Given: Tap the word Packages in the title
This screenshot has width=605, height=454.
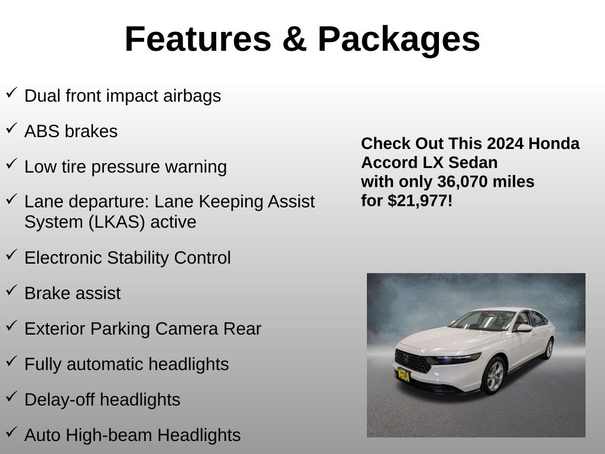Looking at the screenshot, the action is point(399,41).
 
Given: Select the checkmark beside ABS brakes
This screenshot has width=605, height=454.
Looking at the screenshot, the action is point(12,128).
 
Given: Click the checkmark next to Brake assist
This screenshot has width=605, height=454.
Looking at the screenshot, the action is point(12,290).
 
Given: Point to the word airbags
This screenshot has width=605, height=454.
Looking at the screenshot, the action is point(192,96).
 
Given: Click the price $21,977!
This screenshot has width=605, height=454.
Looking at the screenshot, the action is point(420,201).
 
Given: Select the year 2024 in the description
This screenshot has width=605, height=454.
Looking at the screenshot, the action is point(500,144).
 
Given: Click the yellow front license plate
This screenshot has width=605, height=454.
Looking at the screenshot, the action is point(404,375).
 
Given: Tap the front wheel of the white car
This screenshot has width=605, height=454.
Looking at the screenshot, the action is point(495,376).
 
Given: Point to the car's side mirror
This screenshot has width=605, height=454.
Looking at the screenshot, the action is point(523,328).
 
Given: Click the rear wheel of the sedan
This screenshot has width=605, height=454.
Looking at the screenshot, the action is point(548,349).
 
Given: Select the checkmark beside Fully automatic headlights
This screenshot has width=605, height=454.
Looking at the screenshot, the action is point(12,361).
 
